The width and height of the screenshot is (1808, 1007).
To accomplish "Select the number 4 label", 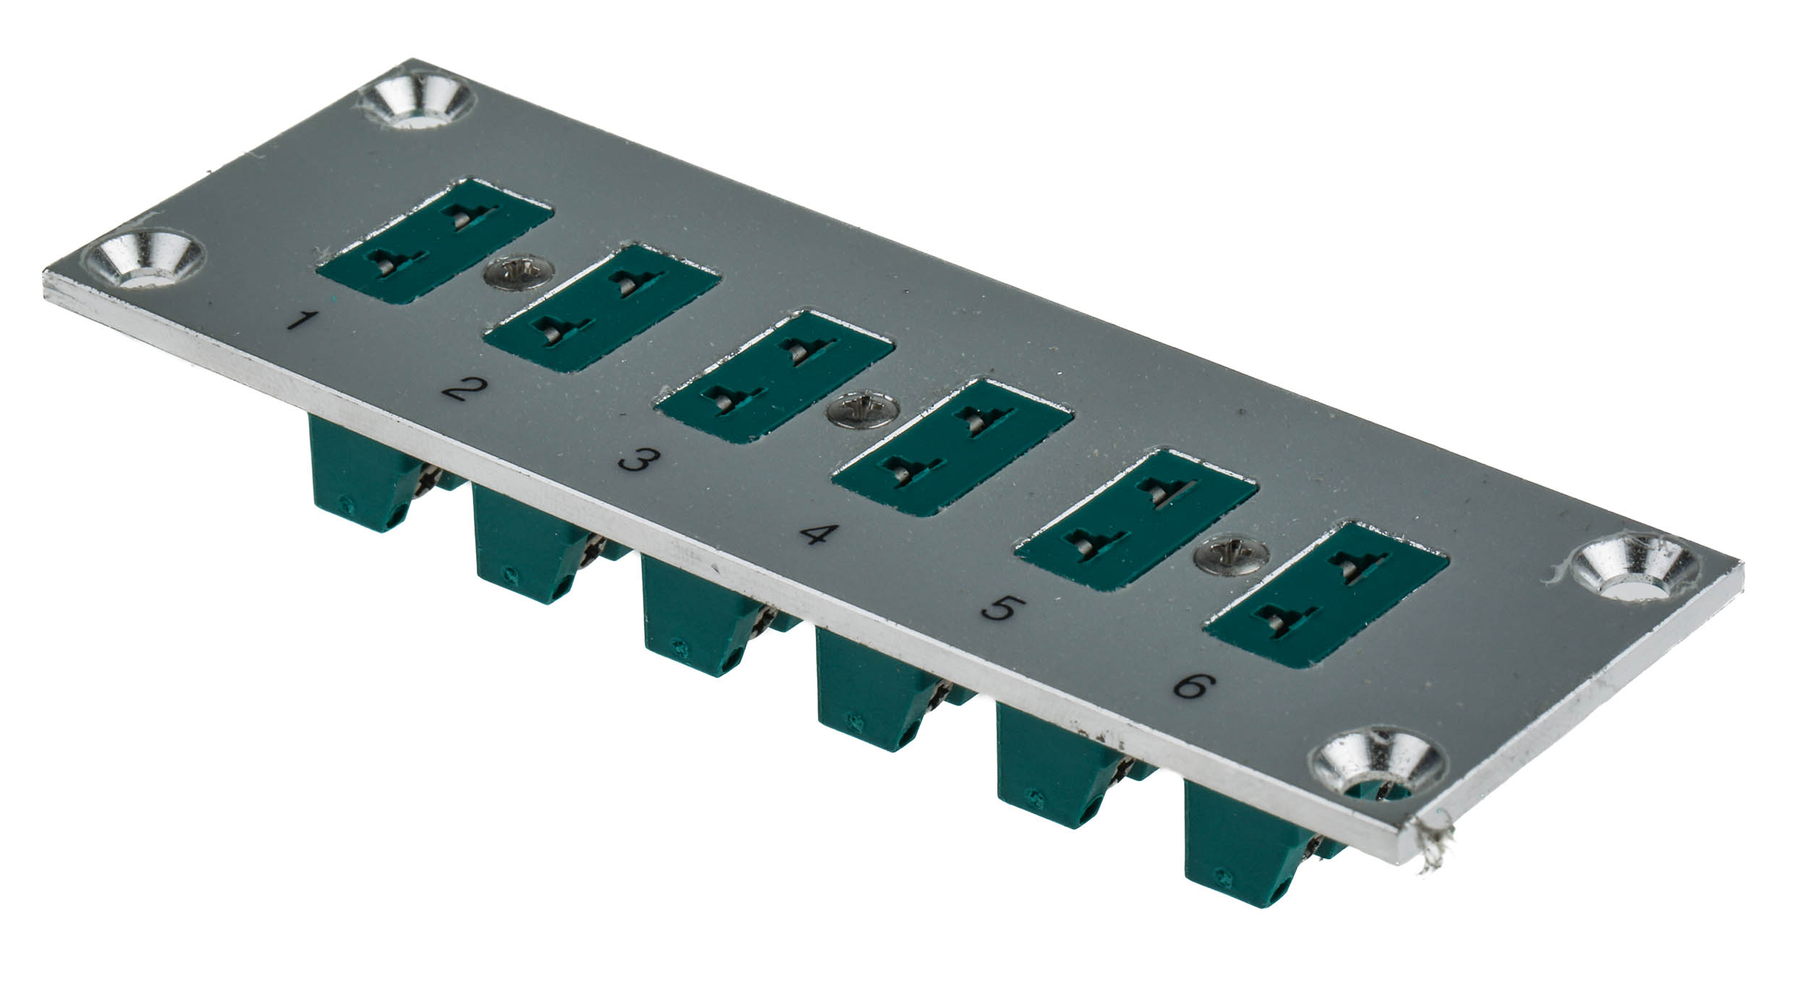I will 819,535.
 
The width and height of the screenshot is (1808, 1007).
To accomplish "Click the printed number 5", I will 999,608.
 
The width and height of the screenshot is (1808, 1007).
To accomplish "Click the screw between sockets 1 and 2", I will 519,272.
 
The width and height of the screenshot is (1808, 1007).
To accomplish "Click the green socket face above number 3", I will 774,376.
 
